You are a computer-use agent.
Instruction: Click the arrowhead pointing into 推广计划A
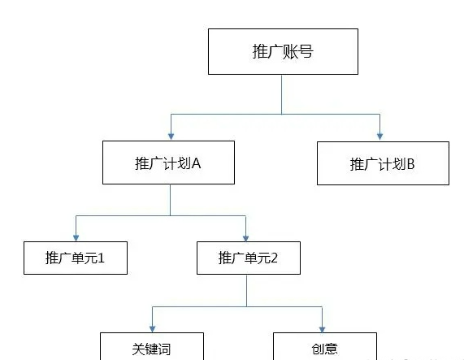click(171, 137)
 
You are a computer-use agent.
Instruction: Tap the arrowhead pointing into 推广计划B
click(380, 137)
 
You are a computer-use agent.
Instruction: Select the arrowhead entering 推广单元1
click(76, 238)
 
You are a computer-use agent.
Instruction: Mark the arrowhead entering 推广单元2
click(245, 238)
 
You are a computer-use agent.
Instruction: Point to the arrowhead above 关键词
click(153, 329)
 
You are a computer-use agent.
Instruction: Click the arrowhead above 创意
click(323, 329)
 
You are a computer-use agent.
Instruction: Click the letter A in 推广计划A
click(196, 163)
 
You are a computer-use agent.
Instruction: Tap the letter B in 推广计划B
click(410, 164)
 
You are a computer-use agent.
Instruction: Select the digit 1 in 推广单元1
click(101, 258)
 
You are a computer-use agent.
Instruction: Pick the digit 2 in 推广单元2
click(274, 258)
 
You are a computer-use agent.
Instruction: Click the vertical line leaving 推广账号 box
click(281, 94)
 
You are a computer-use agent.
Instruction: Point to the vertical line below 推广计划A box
click(170, 200)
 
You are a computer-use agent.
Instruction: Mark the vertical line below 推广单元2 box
click(246, 290)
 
